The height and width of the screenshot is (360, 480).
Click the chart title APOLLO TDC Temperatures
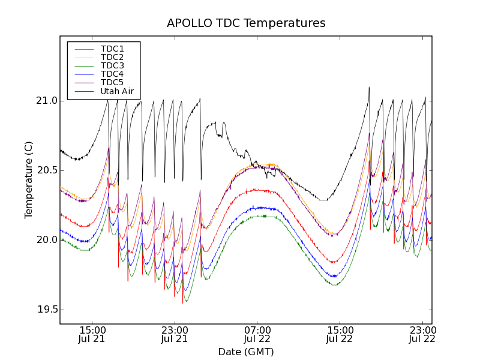(246, 23)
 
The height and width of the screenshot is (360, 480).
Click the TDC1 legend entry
(112, 49)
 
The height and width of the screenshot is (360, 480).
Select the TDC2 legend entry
(112, 57)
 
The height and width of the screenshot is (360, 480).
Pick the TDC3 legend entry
(112, 65)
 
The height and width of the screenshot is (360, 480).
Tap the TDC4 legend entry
(112, 74)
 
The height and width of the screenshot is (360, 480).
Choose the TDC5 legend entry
(112, 82)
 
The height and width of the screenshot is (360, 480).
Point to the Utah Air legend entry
(117, 91)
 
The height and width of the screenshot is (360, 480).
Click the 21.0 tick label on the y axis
(46, 101)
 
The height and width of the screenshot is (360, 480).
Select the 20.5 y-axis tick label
(46, 170)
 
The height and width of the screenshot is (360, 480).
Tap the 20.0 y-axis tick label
(46, 240)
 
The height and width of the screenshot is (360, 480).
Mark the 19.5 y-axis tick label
(46, 310)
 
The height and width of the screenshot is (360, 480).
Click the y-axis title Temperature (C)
(29, 180)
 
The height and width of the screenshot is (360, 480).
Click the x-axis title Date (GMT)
(246, 352)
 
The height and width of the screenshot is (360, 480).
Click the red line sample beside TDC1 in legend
(83, 49)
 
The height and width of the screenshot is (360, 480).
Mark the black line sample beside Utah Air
(83, 91)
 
